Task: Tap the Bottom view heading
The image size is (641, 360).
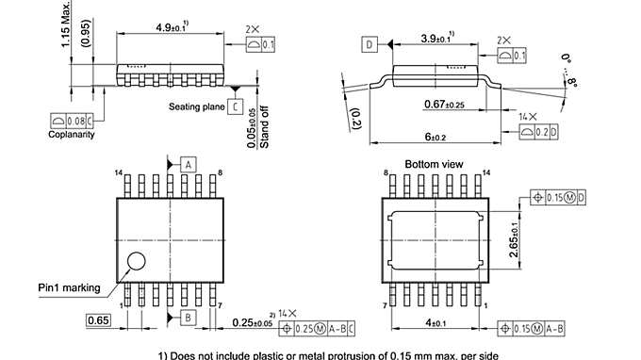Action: tap(435, 164)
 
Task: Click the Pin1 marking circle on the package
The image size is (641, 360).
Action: tap(138, 262)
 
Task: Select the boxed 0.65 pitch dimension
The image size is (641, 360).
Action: tap(99, 321)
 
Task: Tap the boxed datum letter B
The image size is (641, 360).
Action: tap(189, 318)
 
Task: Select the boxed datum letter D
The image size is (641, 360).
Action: tap(369, 44)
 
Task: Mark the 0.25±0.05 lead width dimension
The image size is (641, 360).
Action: tap(253, 322)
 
